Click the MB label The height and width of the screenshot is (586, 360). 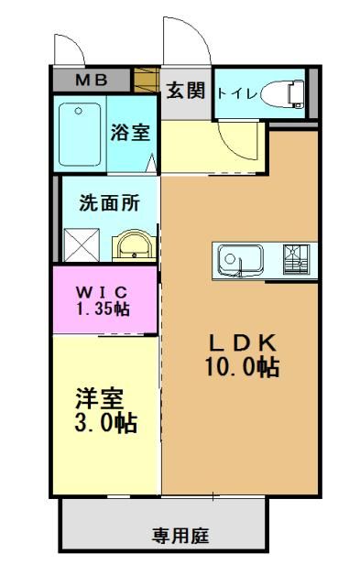click(92, 80)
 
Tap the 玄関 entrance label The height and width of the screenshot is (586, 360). click(186, 90)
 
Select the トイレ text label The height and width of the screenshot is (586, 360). click(237, 93)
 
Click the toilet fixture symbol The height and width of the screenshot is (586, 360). click(282, 93)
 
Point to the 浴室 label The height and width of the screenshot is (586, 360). click(130, 132)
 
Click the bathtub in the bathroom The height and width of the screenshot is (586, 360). click(80, 135)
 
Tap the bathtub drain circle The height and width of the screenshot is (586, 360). click(78, 111)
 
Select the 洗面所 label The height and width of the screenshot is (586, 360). click(109, 203)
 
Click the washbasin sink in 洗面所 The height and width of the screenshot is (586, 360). click(135, 245)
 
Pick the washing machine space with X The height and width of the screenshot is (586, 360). click(82, 244)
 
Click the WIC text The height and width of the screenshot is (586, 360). click(102, 291)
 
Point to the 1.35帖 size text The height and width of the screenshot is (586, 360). click(104, 309)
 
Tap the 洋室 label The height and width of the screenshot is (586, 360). click(100, 398)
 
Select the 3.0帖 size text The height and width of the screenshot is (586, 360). click(105, 423)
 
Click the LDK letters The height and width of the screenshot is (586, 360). click(242, 342)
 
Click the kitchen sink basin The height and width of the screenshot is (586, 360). click(240, 260)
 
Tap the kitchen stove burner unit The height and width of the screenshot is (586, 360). click(296, 259)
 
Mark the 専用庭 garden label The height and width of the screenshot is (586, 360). click(180, 537)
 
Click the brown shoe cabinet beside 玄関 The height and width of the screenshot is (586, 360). click(147, 80)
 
